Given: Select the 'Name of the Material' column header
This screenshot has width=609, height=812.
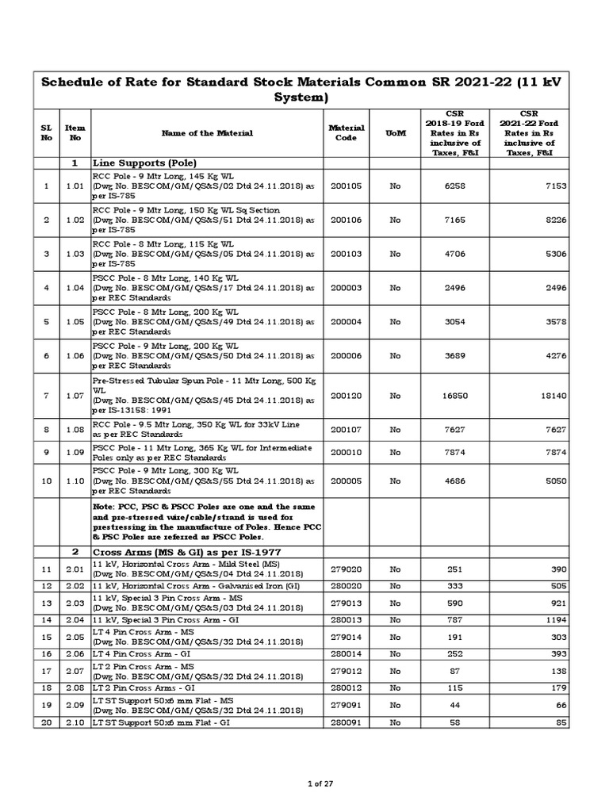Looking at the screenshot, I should (207, 133).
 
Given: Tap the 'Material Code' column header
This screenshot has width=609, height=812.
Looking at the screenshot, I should (347, 133).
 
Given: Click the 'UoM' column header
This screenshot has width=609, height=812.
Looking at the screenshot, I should (395, 133).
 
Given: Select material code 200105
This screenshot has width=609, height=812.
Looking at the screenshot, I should (346, 186).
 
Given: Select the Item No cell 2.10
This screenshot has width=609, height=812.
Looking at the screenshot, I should (75, 723).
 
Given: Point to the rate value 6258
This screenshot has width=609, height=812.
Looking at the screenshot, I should (450, 186).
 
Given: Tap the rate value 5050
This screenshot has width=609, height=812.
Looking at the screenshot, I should (553, 481).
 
